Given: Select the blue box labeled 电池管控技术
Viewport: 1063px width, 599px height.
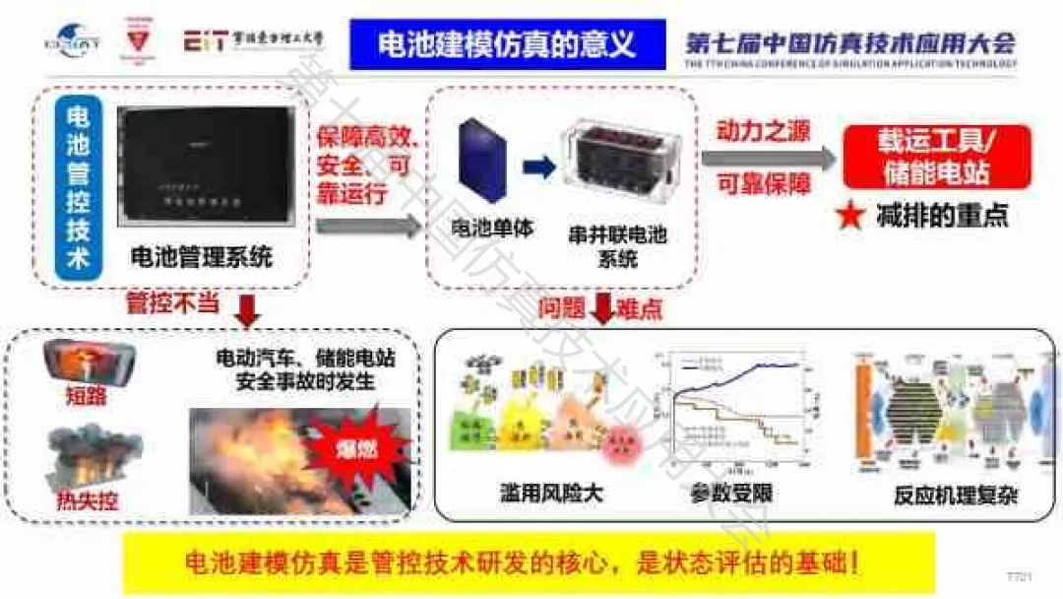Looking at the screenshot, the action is pos(76,187).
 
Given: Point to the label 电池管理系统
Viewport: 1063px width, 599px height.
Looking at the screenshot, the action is pos(202,259).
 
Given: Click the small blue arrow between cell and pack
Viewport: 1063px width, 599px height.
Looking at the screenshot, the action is pos(538,166).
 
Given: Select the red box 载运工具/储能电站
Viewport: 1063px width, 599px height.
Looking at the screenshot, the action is pos(936,157).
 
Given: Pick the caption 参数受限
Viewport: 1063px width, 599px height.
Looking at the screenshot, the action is pos(731,493).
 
